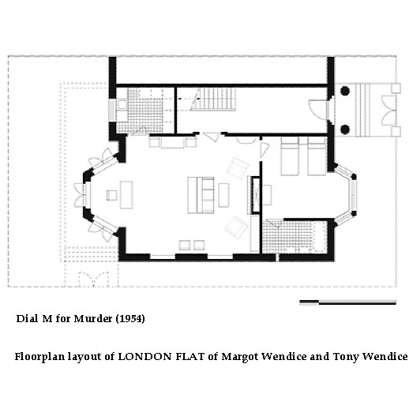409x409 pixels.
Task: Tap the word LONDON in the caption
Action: (144, 357)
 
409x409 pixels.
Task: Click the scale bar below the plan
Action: (347, 302)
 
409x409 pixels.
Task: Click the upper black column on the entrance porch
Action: (345, 91)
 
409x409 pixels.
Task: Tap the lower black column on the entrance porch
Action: (345, 129)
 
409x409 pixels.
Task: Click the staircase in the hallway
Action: (213, 99)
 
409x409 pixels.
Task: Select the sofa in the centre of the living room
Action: (201, 195)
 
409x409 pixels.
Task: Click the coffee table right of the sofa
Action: (223, 195)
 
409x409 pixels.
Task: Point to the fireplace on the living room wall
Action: (255, 195)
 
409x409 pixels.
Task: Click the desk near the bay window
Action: (126, 195)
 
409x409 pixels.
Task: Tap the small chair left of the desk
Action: (112, 195)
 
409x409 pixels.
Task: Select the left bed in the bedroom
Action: (290, 156)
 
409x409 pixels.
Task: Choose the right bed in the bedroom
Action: (317, 156)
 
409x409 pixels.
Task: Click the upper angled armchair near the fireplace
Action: (238, 168)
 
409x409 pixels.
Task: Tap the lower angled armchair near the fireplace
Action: (236, 227)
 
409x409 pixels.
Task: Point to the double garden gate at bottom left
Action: (93, 279)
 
